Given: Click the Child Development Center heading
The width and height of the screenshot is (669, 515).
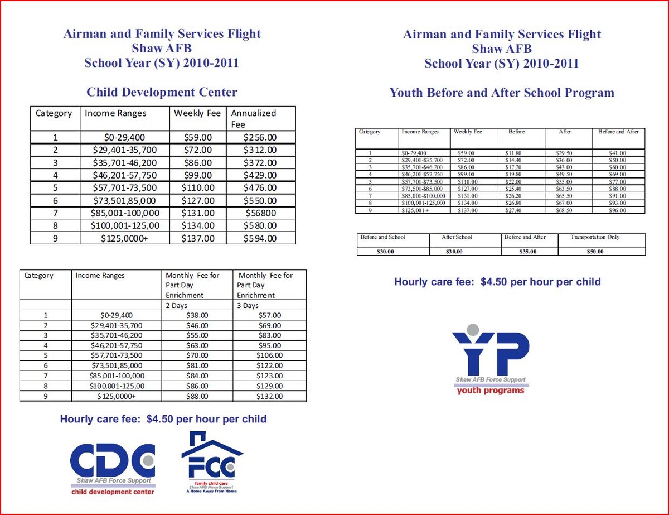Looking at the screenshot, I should (162, 93).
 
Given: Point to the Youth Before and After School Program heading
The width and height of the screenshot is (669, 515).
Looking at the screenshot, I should (502, 93).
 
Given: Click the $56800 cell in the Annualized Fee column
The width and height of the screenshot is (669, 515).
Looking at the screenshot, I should (260, 213).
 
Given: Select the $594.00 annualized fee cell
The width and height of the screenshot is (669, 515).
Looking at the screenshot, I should (260, 238).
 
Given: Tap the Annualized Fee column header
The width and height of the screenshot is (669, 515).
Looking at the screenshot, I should (260, 118).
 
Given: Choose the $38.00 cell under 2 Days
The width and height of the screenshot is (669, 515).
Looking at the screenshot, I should (197, 315).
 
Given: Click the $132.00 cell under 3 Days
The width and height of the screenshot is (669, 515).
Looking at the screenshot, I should (269, 396).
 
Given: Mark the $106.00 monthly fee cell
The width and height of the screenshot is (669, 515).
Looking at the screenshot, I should (269, 355).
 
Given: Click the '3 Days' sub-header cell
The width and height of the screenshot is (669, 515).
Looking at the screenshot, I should (269, 306).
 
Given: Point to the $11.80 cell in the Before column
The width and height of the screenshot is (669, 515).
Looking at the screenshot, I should (513, 153).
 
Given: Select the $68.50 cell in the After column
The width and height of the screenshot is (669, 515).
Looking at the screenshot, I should (565, 210).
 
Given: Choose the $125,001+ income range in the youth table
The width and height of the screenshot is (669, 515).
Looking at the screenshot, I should (412, 210).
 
